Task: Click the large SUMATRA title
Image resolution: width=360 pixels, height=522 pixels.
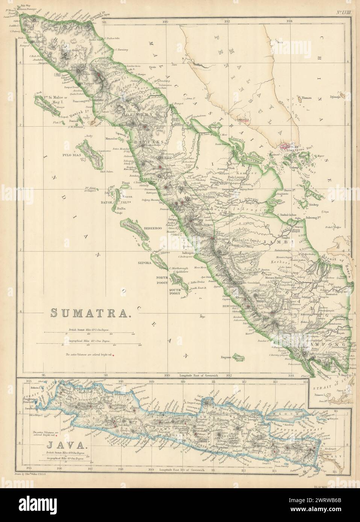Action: [x=91, y=312]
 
